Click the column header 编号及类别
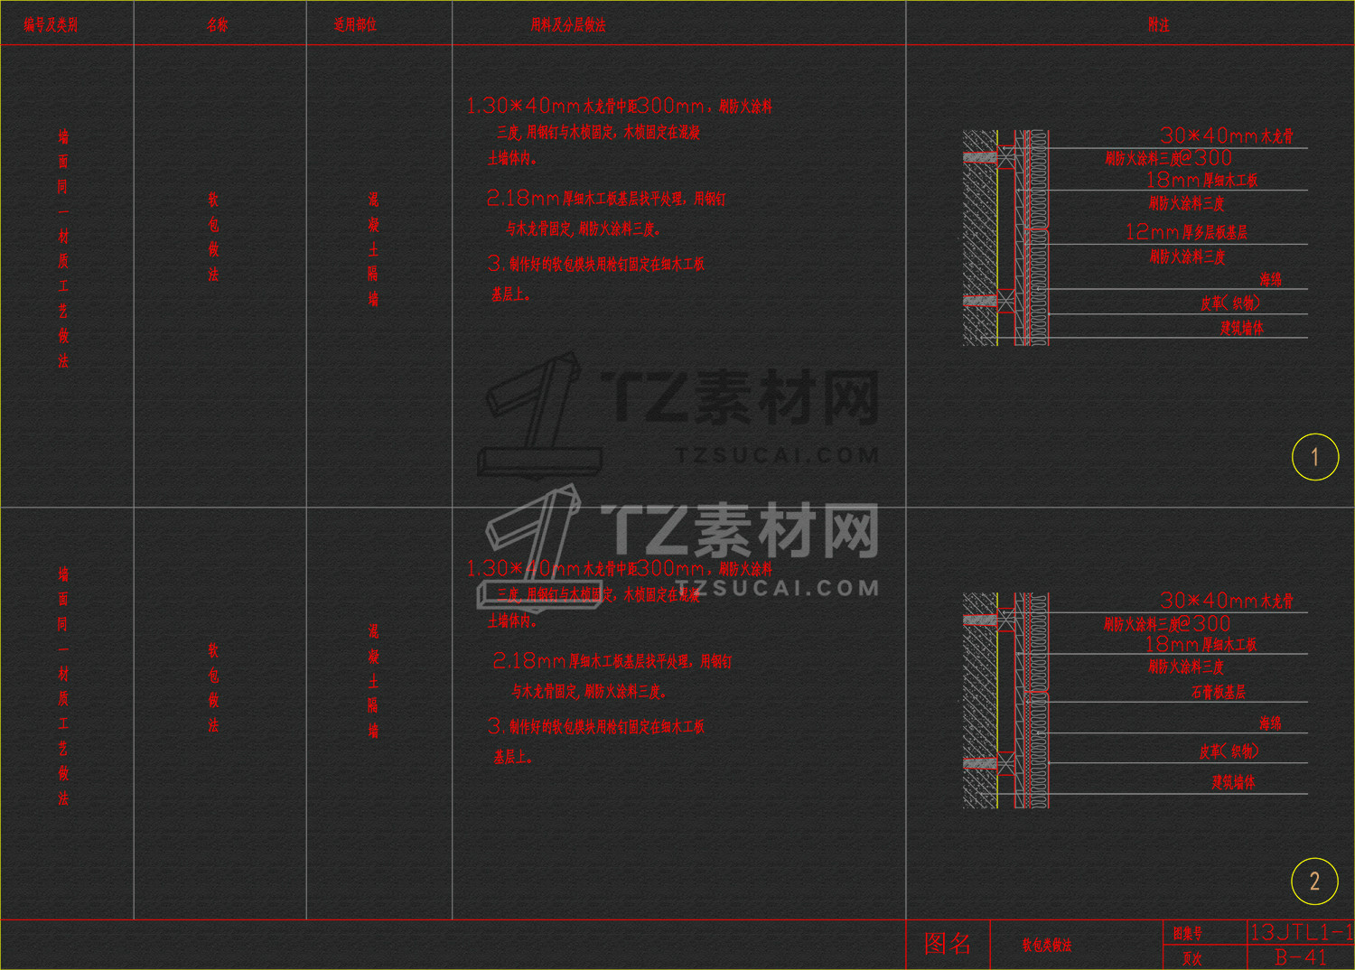(x=51, y=25)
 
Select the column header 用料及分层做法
(x=568, y=25)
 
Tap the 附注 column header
(x=1158, y=25)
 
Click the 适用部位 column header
(x=355, y=25)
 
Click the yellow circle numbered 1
(x=1314, y=457)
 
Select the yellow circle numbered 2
(x=1314, y=881)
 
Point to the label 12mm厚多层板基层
(x=1186, y=232)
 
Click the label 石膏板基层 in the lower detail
(x=1219, y=693)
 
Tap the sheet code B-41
(x=1301, y=957)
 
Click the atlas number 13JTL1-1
(x=1301, y=932)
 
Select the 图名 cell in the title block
(x=948, y=944)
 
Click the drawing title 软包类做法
(x=1047, y=946)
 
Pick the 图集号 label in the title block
(x=1188, y=933)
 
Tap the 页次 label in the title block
(x=1192, y=958)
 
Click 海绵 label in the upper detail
(x=1270, y=280)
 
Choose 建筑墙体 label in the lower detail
(x=1233, y=782)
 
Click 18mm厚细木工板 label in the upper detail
(x=1201, y=180)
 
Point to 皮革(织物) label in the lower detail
(x=1229, y=751)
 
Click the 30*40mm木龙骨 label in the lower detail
(x=1227, y=601)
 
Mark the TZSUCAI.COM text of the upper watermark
(x=777, y=456)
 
